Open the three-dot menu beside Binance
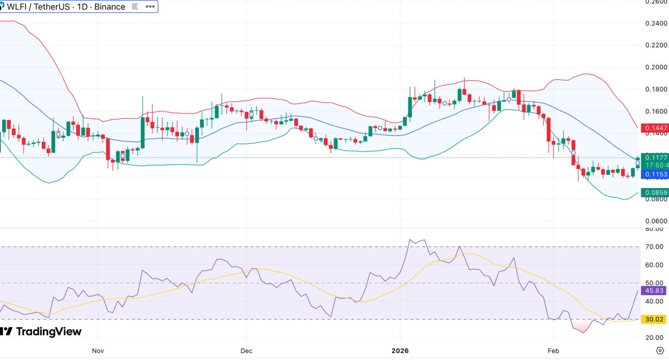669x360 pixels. pos(150,7)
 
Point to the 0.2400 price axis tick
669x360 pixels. pos(656,23)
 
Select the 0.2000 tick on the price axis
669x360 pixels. pos(656,67)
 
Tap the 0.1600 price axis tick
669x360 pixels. pos(656,111)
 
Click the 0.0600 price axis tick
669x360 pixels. pos(656,221)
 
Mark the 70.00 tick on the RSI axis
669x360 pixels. pos(656,247)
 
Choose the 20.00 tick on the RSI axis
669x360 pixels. pos(656,337)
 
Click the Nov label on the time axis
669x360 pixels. pos(98,351)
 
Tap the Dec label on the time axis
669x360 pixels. pos(247,351)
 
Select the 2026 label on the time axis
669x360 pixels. pos(400,351)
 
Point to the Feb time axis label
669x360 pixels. pos(553,351)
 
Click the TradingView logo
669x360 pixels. pos(41,332)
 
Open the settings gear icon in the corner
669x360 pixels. pos(660,351)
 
